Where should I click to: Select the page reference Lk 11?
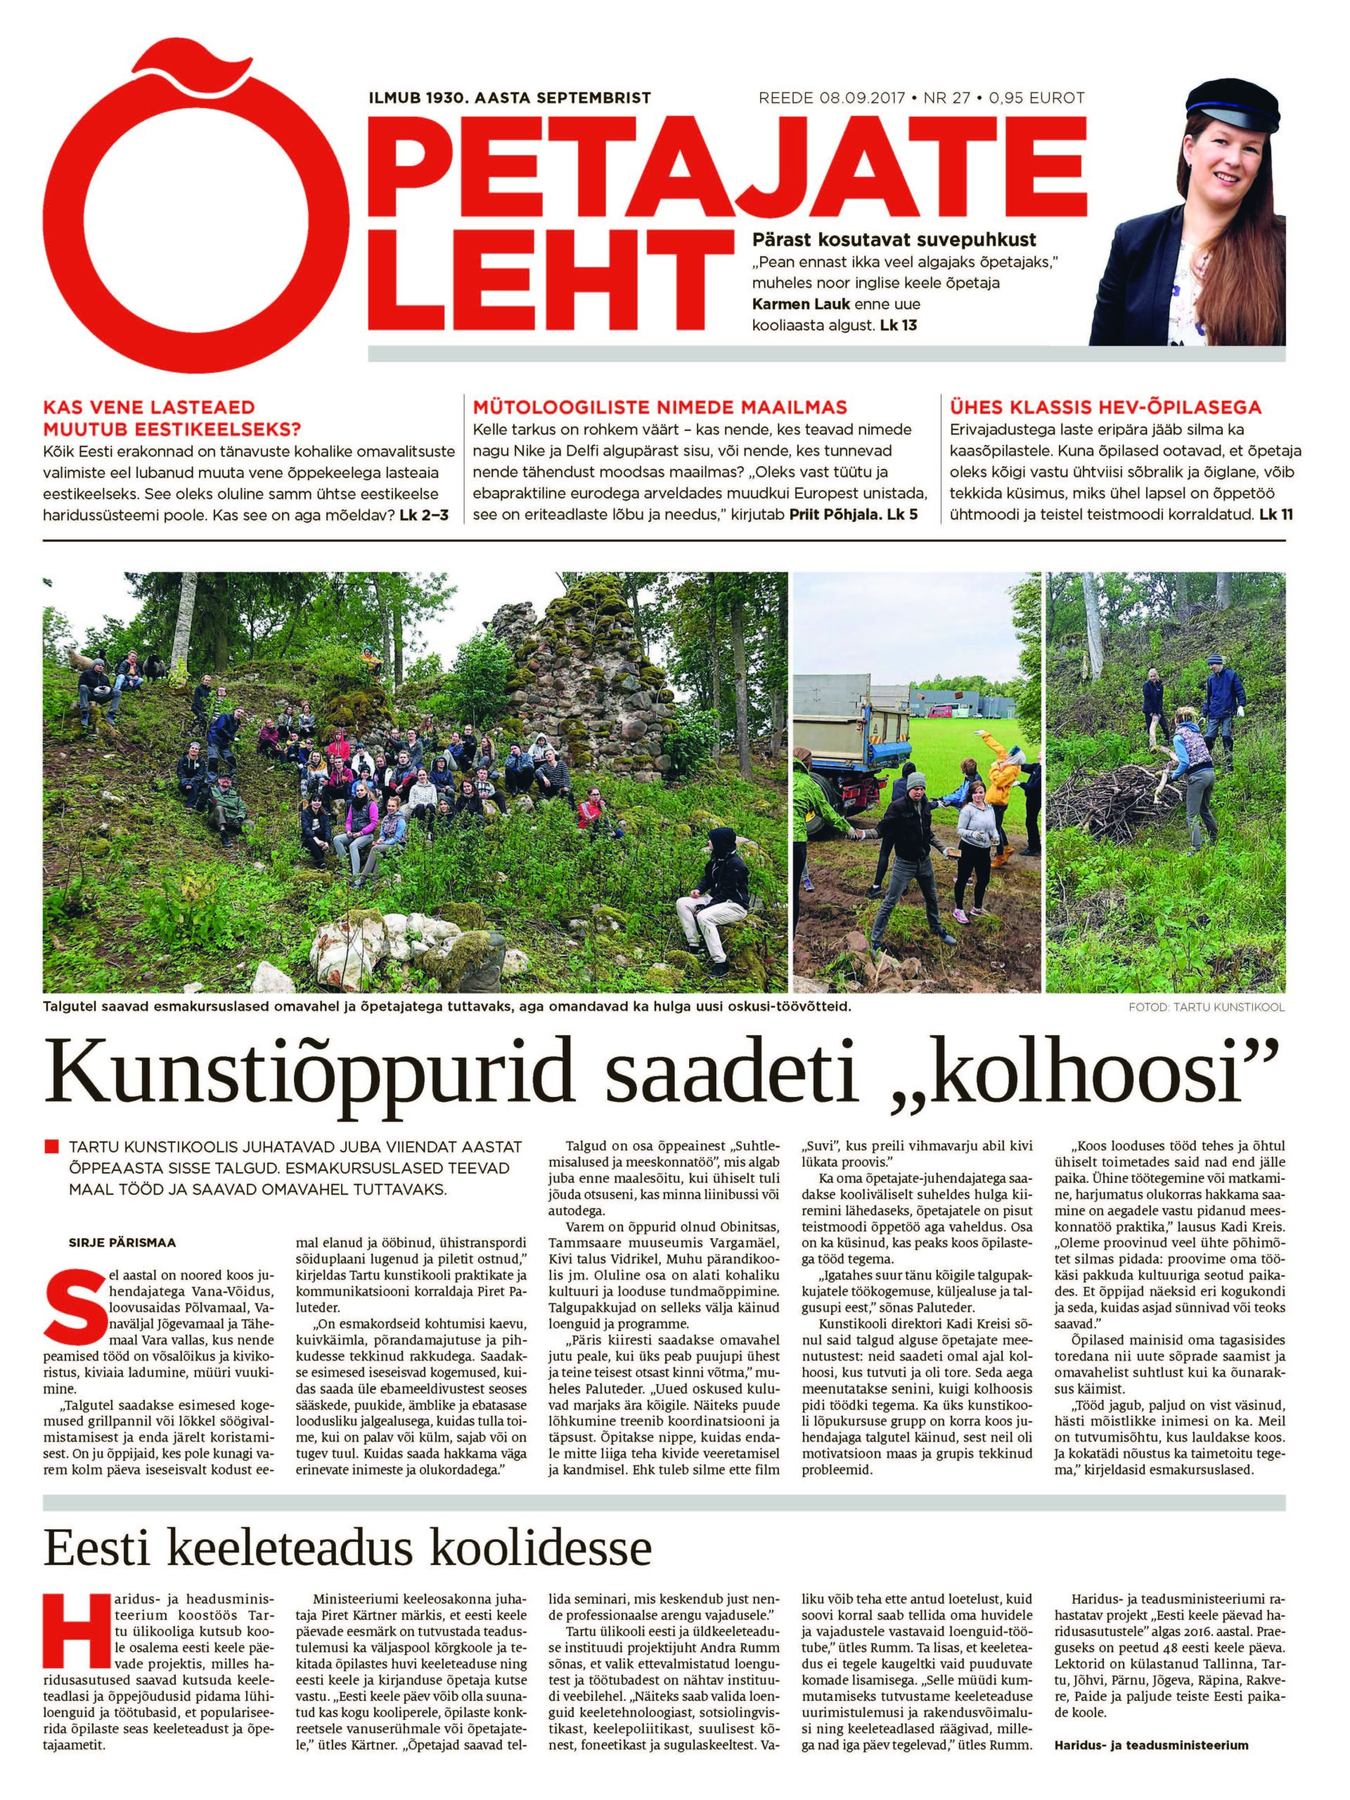coord(1275,515)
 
